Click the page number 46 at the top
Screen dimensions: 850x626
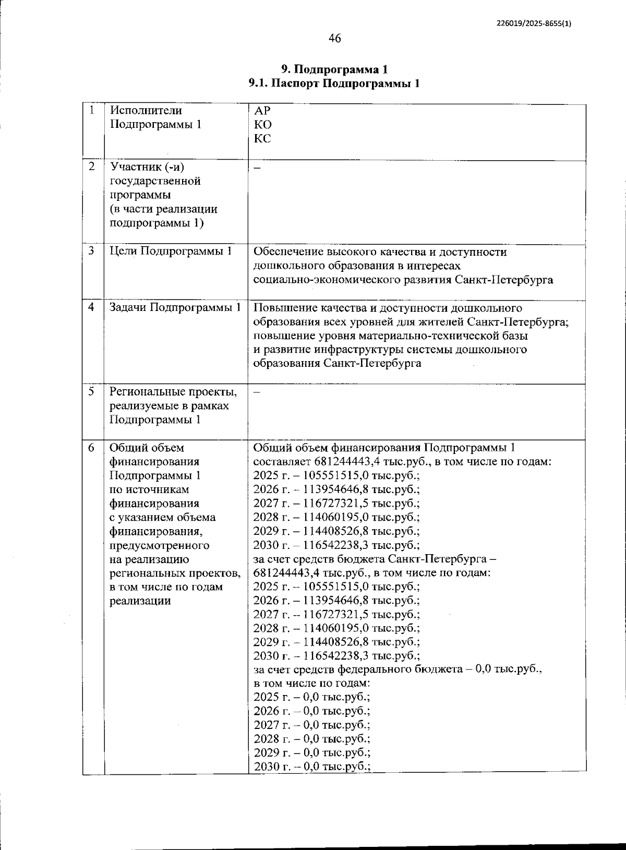pos(334,38)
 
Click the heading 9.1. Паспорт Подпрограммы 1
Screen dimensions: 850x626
pos(334,83)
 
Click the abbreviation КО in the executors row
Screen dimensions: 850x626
pos(262,125)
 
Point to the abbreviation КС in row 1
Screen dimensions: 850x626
pos(262,139)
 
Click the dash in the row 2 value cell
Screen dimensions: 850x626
pos(257,167)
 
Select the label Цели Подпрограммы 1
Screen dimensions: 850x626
pos(171,251)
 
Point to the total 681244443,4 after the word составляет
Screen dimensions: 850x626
pos(347,462)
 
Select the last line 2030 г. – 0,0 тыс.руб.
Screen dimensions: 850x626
pos(312,767)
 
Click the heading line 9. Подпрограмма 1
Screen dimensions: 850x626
pos(334,69)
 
